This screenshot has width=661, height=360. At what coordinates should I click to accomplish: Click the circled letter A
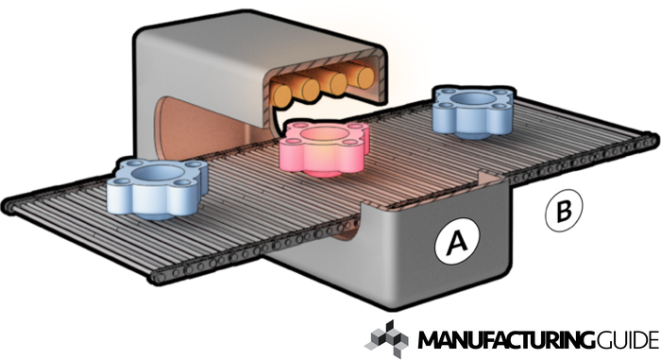coord(457,241)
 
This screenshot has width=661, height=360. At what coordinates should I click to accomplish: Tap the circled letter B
coord(564,210)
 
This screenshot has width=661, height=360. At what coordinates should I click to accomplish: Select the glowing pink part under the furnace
coord(324,147)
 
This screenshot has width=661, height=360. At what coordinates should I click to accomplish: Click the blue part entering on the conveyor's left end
coord(157,188)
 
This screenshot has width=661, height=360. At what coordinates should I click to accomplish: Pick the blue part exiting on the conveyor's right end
coord(474,111)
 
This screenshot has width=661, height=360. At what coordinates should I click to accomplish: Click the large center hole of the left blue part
coord(159,173)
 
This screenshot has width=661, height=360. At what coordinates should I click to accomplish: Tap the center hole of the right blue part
coord(474,99)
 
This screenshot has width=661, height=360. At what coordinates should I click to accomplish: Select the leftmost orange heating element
coord(281,94)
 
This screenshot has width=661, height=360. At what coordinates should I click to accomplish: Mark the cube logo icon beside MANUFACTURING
coord(386,339)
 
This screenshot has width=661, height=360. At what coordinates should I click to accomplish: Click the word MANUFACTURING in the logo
coord(506,340)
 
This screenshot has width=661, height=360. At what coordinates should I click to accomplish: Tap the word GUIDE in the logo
coord(627,340)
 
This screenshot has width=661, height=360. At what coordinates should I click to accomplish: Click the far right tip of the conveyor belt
coord(657,140)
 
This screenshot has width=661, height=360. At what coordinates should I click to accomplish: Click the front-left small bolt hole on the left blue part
coord(121,181)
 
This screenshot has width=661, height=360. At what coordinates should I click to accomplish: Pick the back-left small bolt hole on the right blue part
coord(444,92)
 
